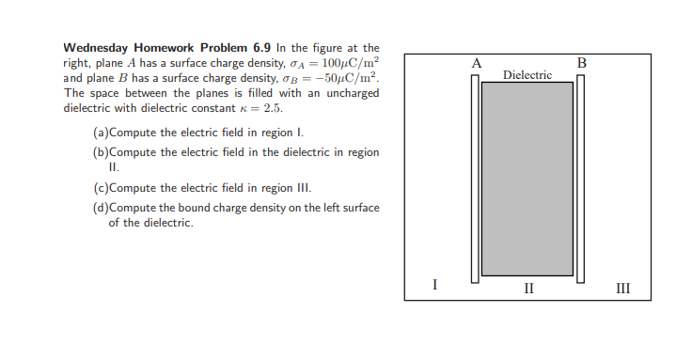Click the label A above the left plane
click(x=477, y=63)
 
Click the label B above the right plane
click(x=581, y=63)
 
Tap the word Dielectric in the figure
click(x=527, y=73)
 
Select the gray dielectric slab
click(x=527, y=179)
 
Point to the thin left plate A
click(x=477, y=179)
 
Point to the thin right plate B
click(x=581, y=179)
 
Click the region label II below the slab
click(x=528, y=287)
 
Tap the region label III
click(x=622, y=287)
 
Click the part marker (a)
click(x=101, y=133)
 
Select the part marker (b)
click(x=101, y=151)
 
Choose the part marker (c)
click(x=101, y=187)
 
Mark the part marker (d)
click(x=101, y=207)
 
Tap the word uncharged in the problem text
click(x=351, y=93)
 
